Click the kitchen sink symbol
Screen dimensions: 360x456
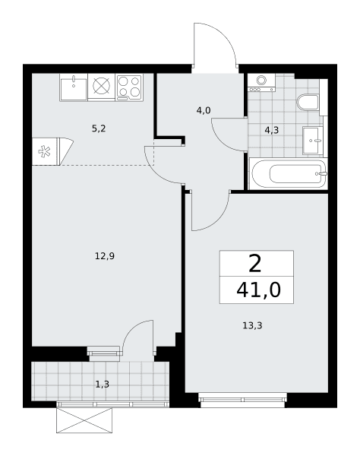click(74, 87)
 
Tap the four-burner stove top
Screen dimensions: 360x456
click(129, 87)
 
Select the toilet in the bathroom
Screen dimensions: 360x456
click(308, 103)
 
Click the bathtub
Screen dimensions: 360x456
click(289, 174)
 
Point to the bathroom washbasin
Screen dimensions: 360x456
click(313, 140)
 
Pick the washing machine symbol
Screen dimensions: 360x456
click(261, 83)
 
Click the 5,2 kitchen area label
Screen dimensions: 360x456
click(99, 128)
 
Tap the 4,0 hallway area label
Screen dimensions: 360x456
click(204, 110)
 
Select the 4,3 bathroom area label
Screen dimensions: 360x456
click(272, 130)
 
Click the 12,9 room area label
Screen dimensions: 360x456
click(105, 256)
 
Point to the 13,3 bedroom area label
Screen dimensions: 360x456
click(252, 326)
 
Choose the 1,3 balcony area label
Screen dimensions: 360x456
click(103, 385)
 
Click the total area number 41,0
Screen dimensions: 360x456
click(258, 290)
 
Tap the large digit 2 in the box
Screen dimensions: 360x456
click(255, 264)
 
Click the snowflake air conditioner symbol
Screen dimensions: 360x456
click(45, 151)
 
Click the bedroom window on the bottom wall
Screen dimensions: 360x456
click(242, 397)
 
